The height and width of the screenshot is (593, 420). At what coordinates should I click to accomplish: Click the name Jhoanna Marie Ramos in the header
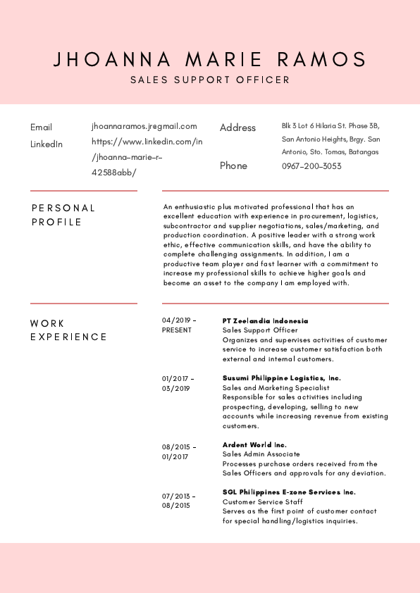point(210,59)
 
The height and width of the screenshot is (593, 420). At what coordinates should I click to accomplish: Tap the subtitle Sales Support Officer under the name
point(210,80)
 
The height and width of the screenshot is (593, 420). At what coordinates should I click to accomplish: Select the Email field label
point(41,127)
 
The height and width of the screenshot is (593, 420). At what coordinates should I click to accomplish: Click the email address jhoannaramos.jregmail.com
point(144,126)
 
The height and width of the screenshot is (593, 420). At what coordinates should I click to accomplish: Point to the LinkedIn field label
point(47,144)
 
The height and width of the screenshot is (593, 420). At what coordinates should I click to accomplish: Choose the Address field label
point(237,127)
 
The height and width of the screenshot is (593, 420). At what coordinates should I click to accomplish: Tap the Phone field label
point(233,166)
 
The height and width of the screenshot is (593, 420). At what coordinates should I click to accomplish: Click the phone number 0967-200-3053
point(311,166)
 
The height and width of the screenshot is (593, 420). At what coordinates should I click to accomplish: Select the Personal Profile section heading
point(63,215)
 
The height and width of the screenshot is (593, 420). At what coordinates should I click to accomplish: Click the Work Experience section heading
point(68,330)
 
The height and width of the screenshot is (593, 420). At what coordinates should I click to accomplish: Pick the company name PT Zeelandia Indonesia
point(265,320)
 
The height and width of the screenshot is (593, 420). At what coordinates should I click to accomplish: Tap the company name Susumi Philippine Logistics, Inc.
point(281,378)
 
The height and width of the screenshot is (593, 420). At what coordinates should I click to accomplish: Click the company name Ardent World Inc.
point(254,445)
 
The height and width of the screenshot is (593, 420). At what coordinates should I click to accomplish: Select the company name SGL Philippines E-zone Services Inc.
point(289,492)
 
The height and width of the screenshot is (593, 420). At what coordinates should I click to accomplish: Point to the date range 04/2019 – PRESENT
point(179,325)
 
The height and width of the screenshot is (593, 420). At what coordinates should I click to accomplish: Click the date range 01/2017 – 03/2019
point(178,383)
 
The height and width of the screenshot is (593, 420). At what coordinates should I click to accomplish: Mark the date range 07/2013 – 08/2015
point(178,501)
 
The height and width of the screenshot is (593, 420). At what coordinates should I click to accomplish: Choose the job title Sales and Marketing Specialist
point(276,388)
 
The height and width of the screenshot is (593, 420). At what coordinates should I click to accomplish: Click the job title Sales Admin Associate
point(261,454)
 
